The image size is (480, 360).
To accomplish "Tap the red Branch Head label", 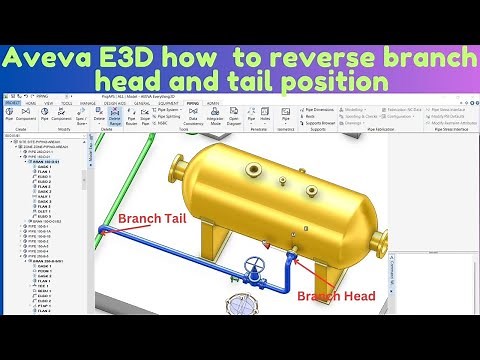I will [x=336, y=297].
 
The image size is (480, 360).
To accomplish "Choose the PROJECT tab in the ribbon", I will [x=13, y=102].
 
